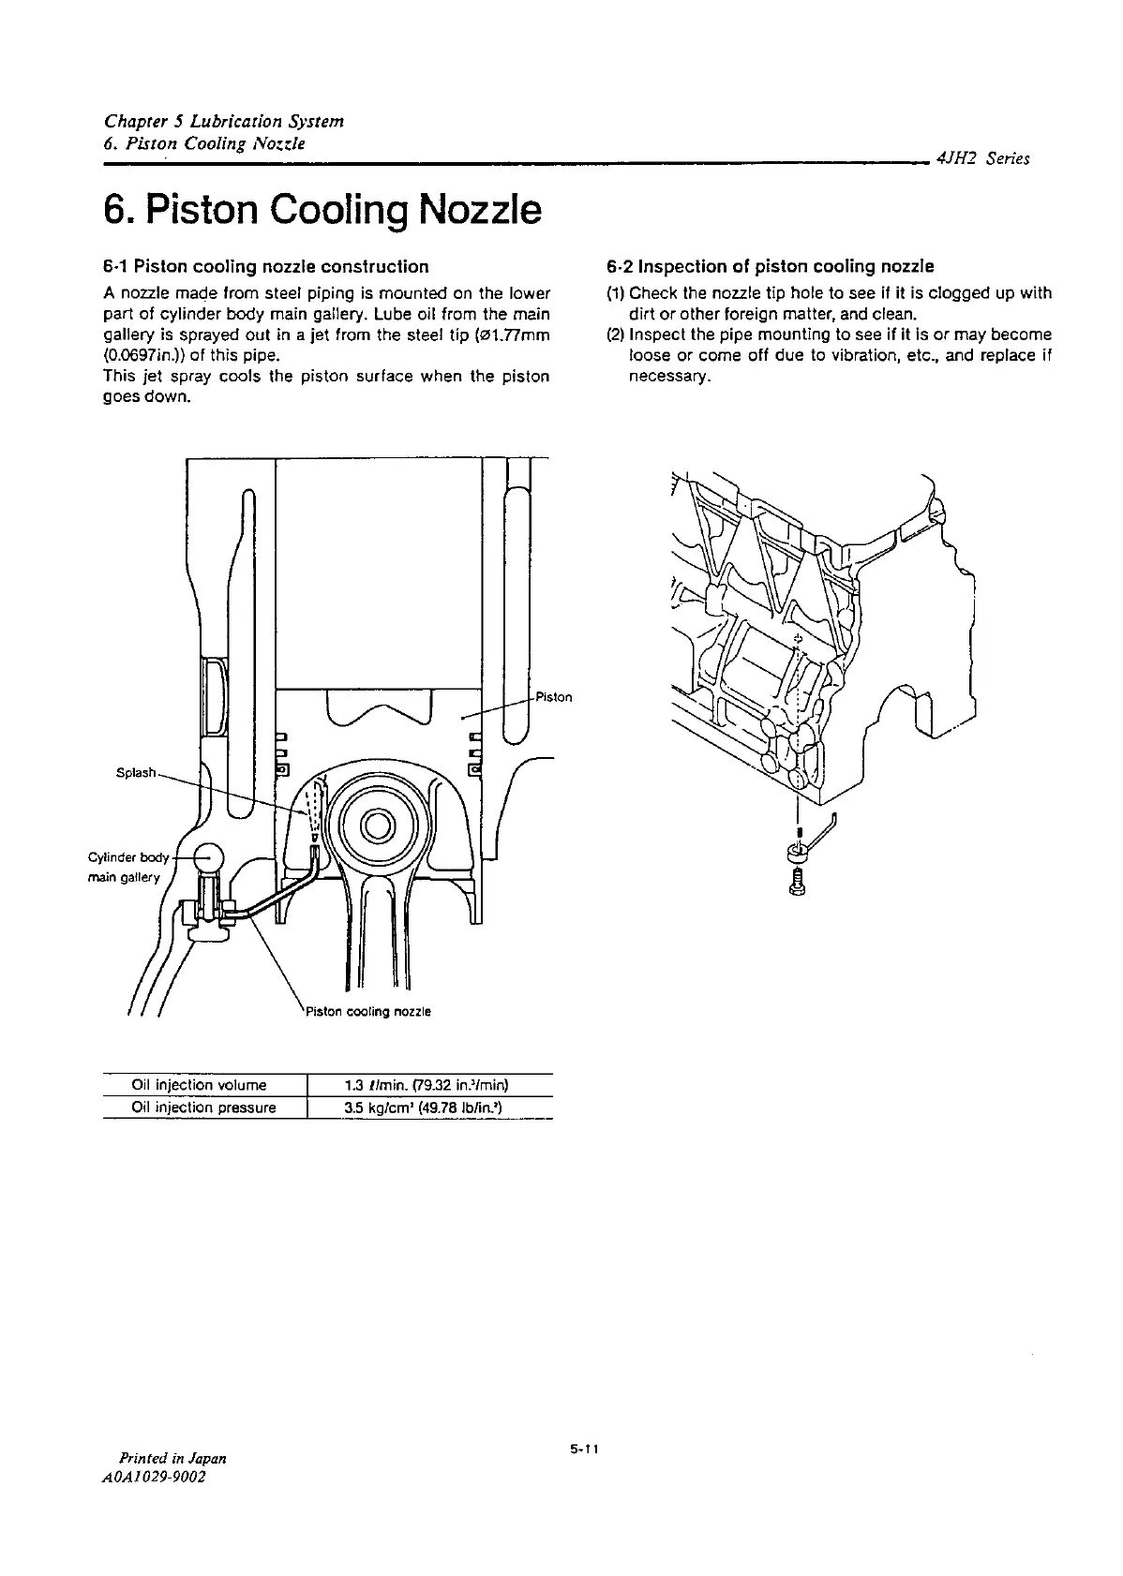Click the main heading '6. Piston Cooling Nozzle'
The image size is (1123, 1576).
(x=322, y=210)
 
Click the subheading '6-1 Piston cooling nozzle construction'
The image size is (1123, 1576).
(x=265, y=267)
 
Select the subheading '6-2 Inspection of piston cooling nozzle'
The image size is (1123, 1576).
(x=771, y=267)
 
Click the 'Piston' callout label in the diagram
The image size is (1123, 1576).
(x=554, y=697)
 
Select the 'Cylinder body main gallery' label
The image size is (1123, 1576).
(x=127, y=868)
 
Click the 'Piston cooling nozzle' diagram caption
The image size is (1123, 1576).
(x=366, y=1012)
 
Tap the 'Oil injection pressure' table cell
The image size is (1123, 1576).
(x=204, y=1108)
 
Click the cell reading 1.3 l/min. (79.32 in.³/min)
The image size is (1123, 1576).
(x=427, y=1085)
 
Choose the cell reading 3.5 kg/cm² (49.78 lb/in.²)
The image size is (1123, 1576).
(x=427, y=1108)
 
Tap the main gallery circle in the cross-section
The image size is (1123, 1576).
(x=207, y=856)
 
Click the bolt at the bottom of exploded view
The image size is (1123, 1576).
(x=798, y=881)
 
